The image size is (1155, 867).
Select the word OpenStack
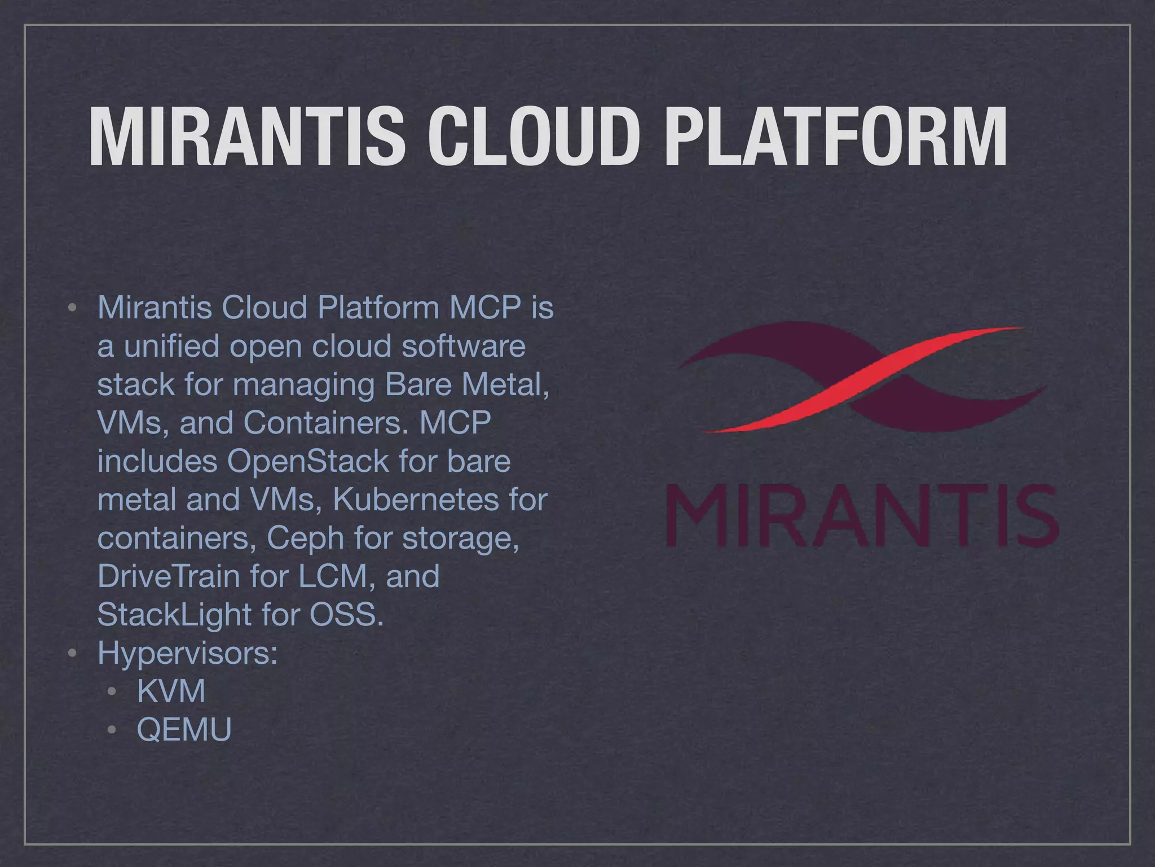coord(308,461)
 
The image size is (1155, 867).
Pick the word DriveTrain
coord(169,576)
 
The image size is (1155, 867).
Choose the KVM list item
coord(171,691)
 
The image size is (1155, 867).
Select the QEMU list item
coord(184,729)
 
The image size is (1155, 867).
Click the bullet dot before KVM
coord(112,692)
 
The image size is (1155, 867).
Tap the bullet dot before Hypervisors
coord(72,654)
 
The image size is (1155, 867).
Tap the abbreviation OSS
coord(346,615)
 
